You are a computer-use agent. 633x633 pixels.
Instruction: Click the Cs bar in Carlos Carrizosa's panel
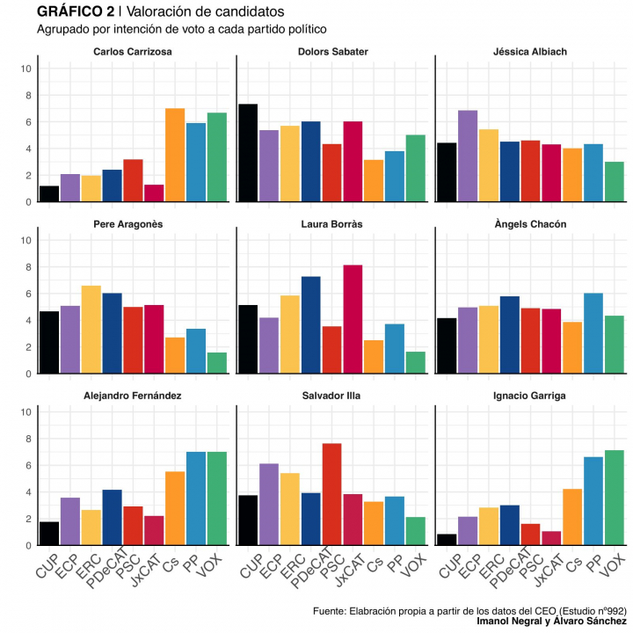(175, 156)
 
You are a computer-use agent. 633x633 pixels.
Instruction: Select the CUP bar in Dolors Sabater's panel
(248, 153)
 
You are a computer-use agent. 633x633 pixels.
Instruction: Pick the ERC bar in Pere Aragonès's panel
(91, 330)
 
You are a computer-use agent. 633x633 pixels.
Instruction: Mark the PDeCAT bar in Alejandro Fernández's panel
(112, 517)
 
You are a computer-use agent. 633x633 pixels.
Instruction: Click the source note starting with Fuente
(469, 610)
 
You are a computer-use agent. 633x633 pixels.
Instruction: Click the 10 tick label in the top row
(26, 69)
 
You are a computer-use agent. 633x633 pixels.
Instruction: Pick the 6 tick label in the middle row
(29, 294)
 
